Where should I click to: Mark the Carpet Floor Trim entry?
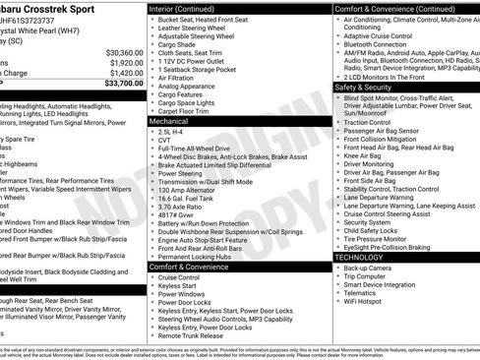(185, 112)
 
